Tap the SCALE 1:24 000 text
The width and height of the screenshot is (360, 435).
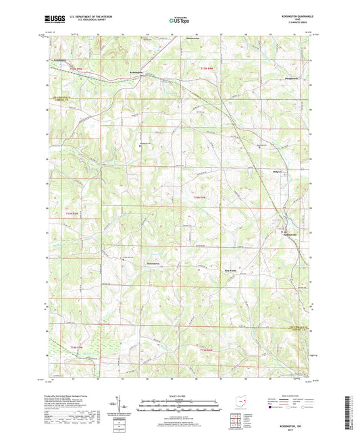tap(179, 395)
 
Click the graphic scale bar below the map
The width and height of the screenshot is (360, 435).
tap(179, 404)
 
